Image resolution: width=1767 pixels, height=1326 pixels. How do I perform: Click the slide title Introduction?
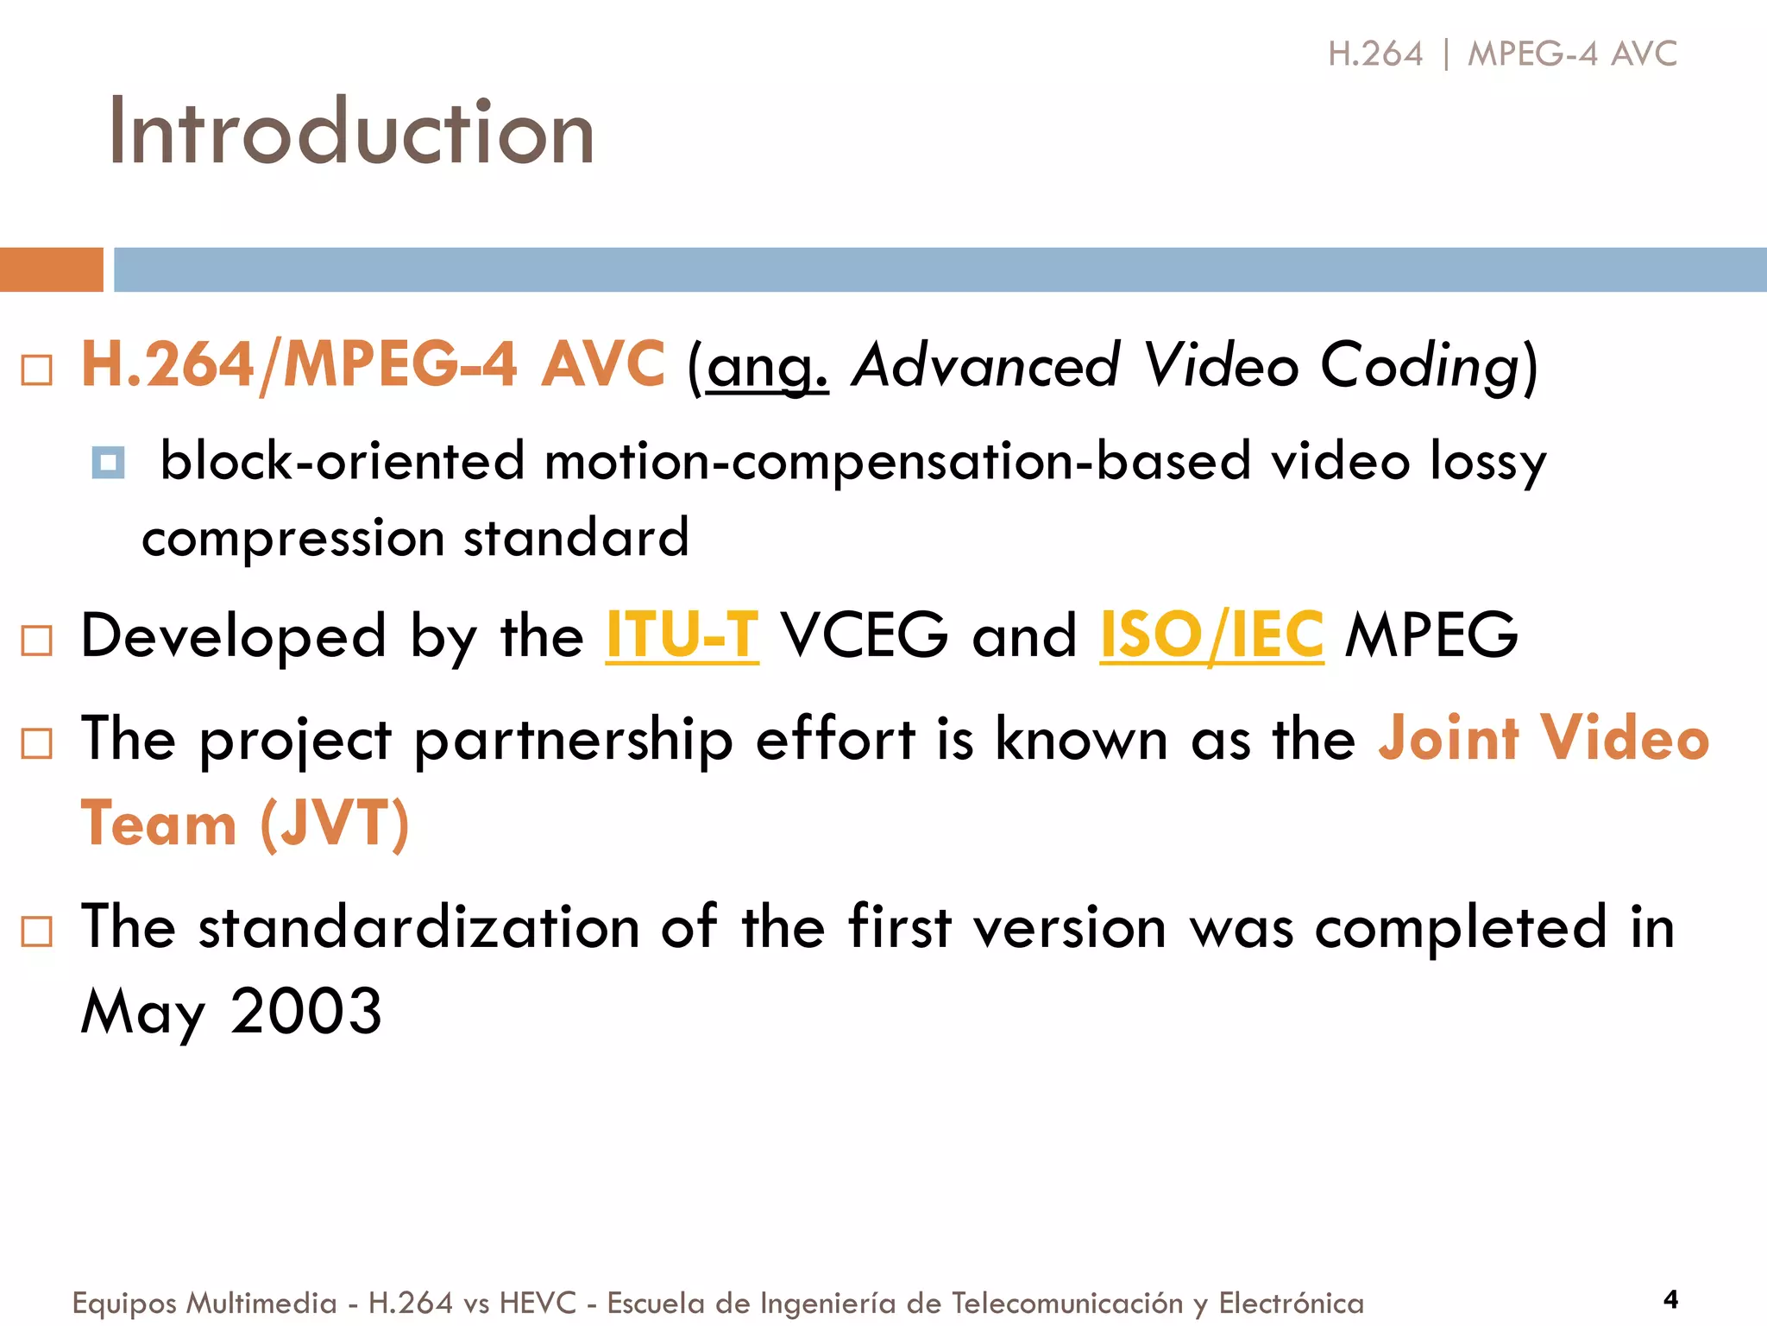(x=351, y=131)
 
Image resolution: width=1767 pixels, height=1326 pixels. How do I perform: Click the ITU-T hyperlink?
(x=682, y=635)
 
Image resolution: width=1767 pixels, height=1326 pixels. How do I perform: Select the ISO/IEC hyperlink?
(x=1211, y=635)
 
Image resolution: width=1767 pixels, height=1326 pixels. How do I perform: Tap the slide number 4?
(x=1670, y=1299)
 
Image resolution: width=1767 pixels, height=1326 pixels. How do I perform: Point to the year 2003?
(x=306, y=1011)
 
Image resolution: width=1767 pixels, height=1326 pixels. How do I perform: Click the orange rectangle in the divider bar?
(x=51, y=269)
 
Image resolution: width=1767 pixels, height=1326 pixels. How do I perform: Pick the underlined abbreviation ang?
(x=767, y=366)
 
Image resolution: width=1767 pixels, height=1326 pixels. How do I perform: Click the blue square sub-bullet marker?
(x=108, y=463)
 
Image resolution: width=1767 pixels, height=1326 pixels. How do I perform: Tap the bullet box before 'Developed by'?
(x=37, y=641)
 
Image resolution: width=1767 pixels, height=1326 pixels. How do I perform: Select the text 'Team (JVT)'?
(x=245, y=823)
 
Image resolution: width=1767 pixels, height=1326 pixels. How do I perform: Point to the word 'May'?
(x=143, y=1011)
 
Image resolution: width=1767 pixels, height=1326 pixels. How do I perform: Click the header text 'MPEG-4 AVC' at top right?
(x=1572, y=54)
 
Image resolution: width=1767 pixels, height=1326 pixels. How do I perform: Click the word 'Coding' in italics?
(x=1419, y=366)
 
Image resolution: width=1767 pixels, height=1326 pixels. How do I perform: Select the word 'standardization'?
(x=419, y=927)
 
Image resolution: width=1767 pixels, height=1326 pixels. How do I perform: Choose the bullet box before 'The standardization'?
(x=37, y=931)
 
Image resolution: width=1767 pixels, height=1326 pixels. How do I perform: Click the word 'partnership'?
(x=574, y=739)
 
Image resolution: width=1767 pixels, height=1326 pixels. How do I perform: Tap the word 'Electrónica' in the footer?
(x=1291, y=1303)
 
